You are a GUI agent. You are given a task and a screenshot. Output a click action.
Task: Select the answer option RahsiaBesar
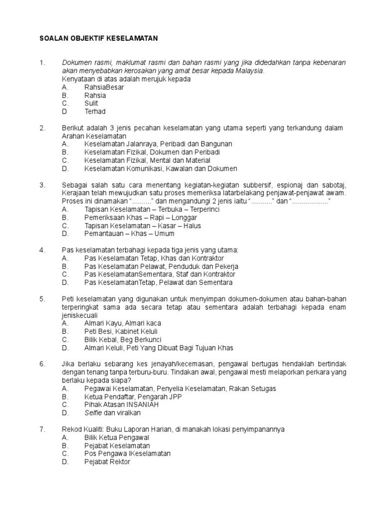point(104,87)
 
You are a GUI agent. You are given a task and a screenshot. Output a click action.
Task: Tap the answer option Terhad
point(95,112)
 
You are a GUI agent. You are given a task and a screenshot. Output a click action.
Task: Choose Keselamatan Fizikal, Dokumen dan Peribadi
point(152,152)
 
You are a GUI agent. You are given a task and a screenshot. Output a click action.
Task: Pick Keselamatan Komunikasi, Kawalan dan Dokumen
point(161,169)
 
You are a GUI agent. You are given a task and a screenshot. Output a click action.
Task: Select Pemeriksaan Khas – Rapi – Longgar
point(141,218)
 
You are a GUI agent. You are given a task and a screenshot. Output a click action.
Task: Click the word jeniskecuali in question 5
point(80,315)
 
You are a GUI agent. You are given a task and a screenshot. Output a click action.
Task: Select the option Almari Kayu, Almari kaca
point(123,323)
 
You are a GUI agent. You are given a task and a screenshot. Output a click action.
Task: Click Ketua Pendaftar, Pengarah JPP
point(133,396)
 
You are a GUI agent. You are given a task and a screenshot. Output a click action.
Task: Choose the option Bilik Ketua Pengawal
point(117,437)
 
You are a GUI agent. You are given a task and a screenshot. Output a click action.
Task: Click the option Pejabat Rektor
point(107,462)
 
